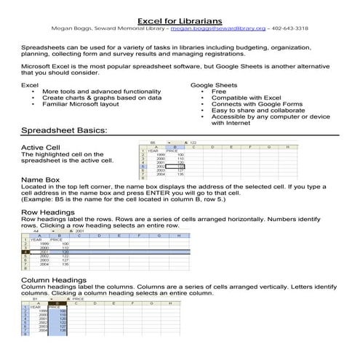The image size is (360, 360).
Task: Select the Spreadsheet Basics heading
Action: tap(65, 131)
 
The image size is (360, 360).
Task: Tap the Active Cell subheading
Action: tap(43, 148)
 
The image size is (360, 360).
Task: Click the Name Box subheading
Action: tap(41, 179)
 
